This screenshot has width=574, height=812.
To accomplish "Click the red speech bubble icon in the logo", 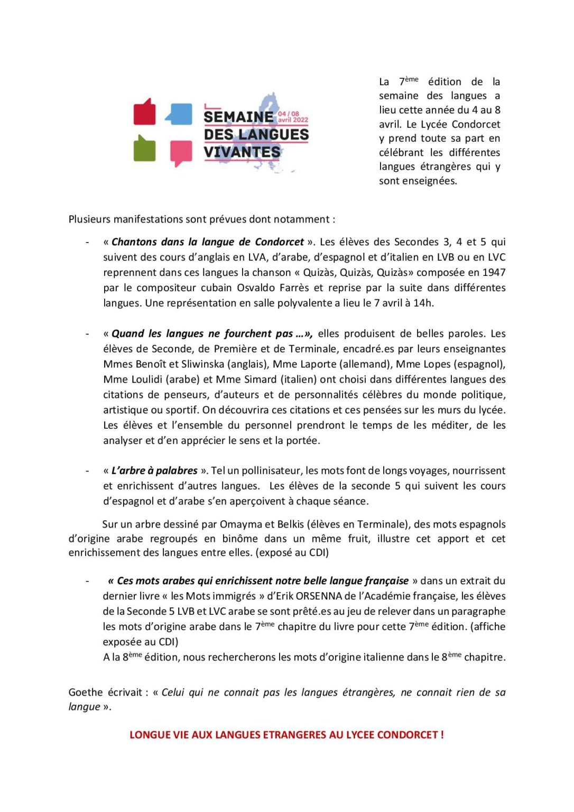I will [144, 113].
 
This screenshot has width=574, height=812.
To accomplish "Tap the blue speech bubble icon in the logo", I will [179, 114].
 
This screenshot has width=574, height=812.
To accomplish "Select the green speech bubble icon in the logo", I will [144, 149].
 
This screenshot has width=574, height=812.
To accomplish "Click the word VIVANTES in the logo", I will [242, 152].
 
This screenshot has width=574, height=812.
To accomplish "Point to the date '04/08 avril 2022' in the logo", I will [293, 117].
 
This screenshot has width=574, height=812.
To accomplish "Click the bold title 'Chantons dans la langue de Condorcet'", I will [208, 242].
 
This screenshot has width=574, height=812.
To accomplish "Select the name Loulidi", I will [143, 380].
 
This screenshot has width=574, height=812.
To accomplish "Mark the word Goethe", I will [86, 693].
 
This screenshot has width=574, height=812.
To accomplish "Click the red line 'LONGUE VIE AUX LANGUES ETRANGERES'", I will [286, 735].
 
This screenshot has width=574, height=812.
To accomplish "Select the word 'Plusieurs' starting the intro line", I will [89, 219].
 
